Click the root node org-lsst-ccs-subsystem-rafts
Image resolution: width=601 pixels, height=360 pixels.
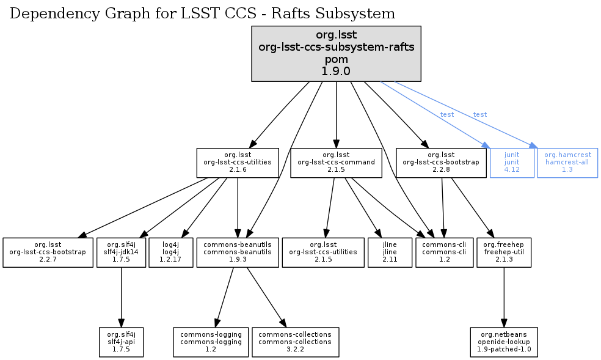[337, 54]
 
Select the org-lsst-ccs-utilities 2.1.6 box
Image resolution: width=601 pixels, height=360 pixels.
[237, 163]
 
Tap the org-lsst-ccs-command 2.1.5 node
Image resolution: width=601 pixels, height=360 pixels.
[337, 163]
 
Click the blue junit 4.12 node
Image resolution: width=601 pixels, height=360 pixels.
[512, 163]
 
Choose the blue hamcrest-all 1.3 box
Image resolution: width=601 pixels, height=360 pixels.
[567, 163]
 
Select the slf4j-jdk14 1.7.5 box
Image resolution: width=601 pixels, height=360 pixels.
[121, 252]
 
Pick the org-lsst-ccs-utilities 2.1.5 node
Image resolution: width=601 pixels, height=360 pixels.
[323, 252]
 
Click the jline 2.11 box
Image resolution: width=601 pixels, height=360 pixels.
[390, 252]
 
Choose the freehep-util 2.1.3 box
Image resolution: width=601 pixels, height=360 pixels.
[503, 252]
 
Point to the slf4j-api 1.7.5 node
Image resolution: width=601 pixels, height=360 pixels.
[121, 342]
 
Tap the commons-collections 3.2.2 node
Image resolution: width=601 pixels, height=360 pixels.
[295, 342]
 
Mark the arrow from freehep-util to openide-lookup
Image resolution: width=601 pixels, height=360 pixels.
[503, 297]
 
